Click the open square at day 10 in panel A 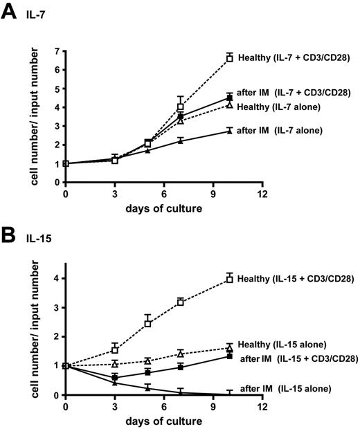pos(229,59)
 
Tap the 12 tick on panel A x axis pos(262,194)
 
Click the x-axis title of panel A pos(163,209)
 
